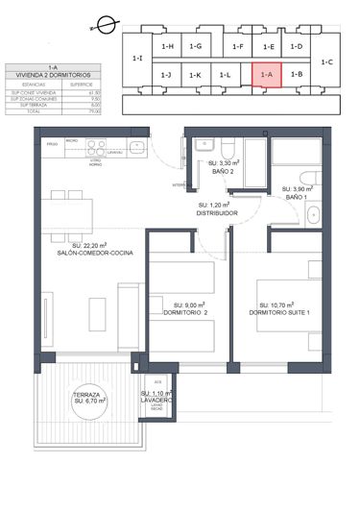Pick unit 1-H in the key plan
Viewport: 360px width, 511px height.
pos(167,46)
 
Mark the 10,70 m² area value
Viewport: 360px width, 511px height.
pos(286,305)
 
